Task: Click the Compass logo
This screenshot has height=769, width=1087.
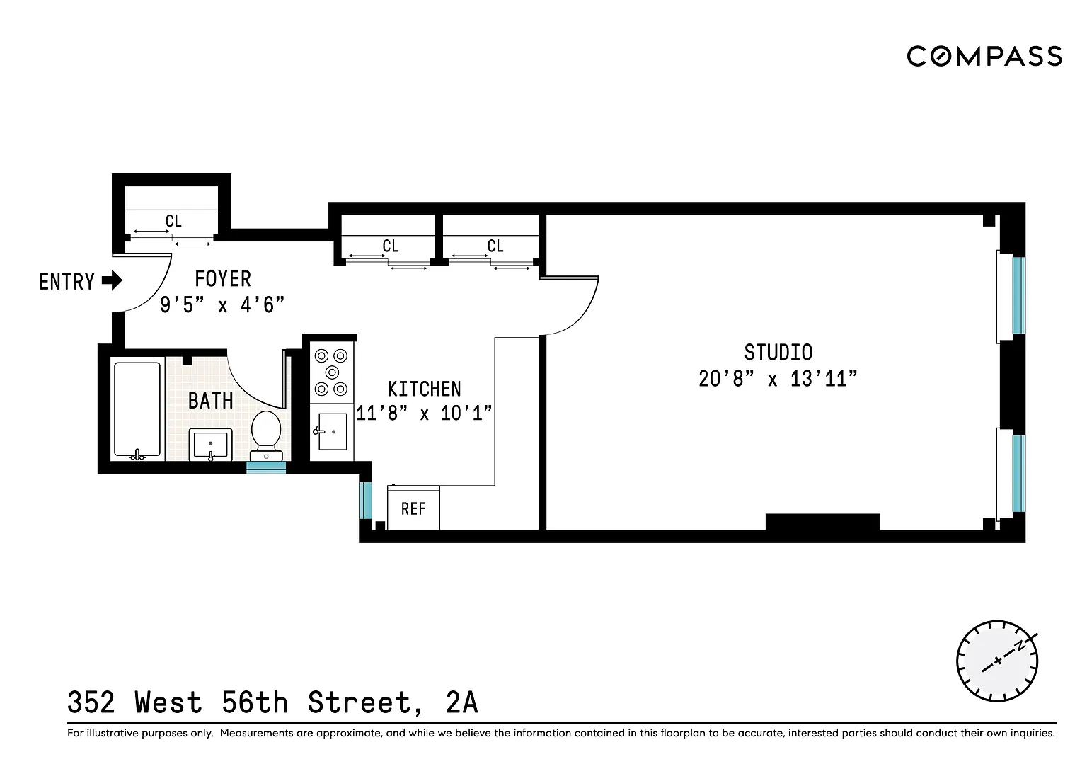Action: [x=984, y=57]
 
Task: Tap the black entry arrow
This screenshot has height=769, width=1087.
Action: [x=112, y=280]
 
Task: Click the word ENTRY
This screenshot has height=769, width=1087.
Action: [x=67, y=282]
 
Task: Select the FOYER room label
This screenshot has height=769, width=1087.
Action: [x=223, y=279]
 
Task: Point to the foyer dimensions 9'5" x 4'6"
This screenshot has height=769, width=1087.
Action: [x=222, y=305]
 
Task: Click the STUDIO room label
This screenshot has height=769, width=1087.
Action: [x=778, y=353]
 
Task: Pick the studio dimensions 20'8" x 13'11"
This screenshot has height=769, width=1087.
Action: [x=778, y=379]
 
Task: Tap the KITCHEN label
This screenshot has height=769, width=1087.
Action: [x=424, y=389]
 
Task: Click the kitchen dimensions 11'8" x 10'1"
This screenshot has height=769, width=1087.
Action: [x=424, y=413]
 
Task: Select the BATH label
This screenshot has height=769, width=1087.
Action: [x=211, y=401]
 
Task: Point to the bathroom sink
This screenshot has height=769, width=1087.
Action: [x=210, y=445]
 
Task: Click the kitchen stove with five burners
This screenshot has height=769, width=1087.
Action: [x=332, y=372]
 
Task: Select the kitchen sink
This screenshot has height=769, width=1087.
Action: [x=332, y=432]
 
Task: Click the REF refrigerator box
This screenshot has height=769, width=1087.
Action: [x=413, y=508]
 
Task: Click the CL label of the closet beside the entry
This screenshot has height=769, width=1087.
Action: [x=173, y=222]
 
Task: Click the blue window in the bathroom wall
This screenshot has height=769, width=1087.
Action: [x=266, y=467]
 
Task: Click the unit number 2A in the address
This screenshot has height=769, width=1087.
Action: [x=461, y=702]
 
